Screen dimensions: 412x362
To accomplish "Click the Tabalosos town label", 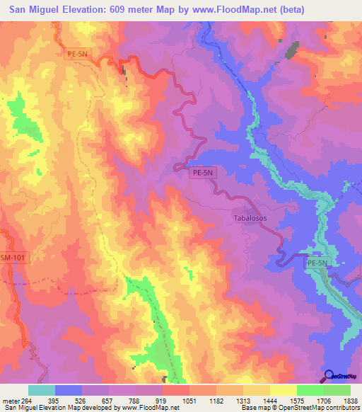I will (x=250, y=219).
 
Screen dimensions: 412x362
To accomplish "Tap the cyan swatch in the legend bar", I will (x=42, y=390).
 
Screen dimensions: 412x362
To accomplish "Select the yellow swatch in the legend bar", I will (x=283, y=390).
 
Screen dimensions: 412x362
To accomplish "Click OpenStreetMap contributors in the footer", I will (x=322, y=408).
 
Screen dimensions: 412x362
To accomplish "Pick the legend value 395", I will (x=69, y=400).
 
